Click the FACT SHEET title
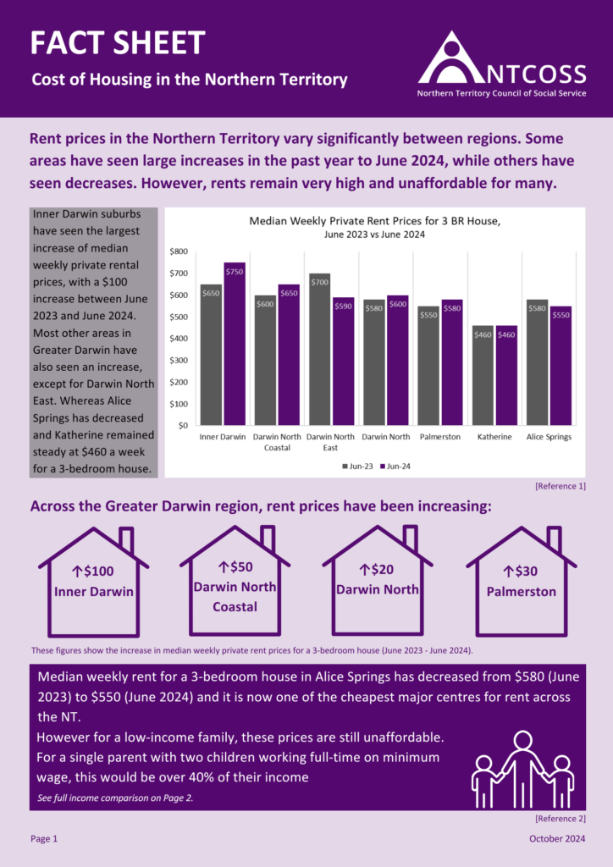click(x=118, y=42)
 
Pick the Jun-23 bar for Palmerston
click(x=429, y=365)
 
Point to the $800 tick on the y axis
click(x=179, y=251)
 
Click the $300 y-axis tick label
click(x=179, y=360)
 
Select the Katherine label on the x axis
click(x=494, y=437)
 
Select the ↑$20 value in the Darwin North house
click(x=378, y=571)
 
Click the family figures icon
click(x=522, y=770)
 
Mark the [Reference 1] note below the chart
click(x=560, y=486)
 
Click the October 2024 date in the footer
click(x=557, y=838)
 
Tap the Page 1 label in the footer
click(x=44, y=838)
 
